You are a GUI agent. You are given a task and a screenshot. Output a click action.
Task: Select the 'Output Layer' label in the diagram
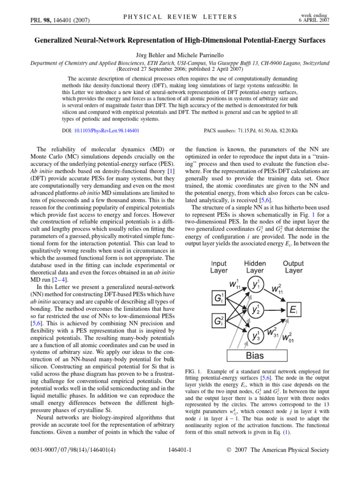pyautogui.click(x=293, y=267)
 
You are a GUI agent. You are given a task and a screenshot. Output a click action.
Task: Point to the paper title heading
pyautogui.click(x=180, y=41)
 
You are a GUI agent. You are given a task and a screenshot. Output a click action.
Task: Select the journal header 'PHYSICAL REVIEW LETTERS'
pyautogui.click(x=180, y=17)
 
